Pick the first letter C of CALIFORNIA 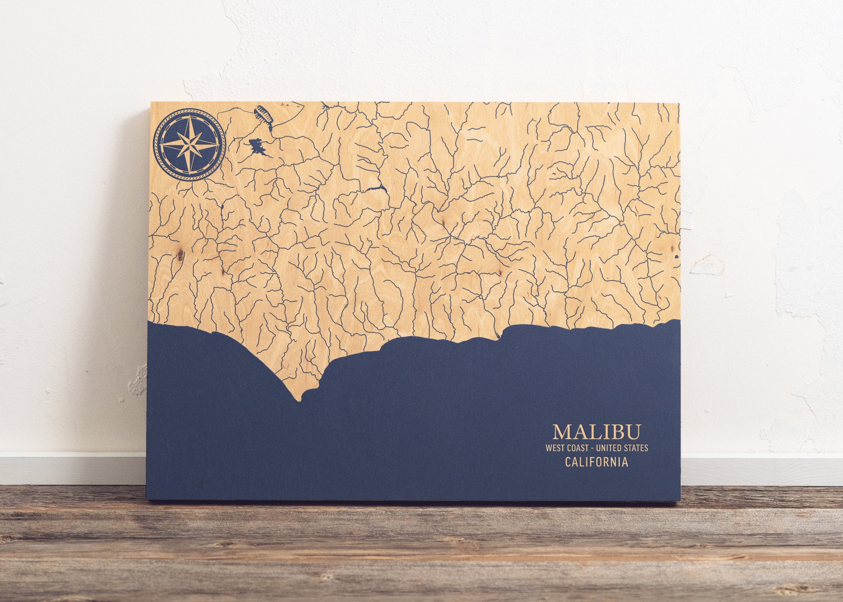[x=568, y=473]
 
